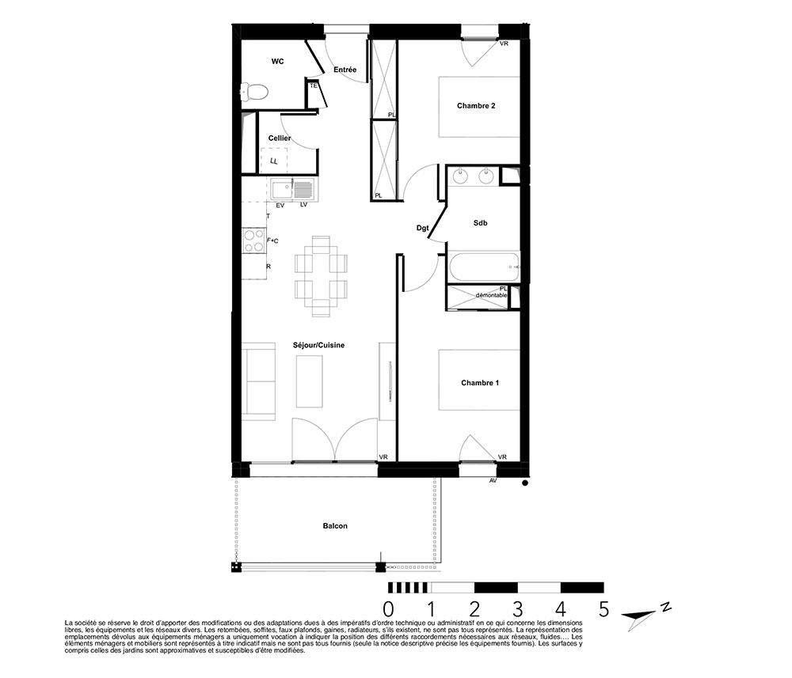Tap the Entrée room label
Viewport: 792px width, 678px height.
click(345, 70)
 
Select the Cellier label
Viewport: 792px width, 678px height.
click(280, 138)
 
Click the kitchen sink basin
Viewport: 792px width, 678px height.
click(282, 190)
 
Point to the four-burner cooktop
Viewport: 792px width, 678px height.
click(254, 241)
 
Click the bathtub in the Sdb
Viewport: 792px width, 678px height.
click(483, 267)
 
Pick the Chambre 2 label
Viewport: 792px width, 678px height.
click(476, 106)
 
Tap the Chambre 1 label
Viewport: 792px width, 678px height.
click(480, 383)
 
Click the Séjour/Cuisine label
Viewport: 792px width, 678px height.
click(318, 346)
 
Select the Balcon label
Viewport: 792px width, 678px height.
click(335, 526)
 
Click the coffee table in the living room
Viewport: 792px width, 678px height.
click(309, 381)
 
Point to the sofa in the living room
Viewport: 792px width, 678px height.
click(258, 381)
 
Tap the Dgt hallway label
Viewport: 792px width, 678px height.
click(422, 228)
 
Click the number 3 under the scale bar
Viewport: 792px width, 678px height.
click(518, 609)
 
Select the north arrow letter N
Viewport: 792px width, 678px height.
click(666, 607)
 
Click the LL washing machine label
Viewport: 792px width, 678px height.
click(274, 161)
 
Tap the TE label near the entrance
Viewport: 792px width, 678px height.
click(314, 85)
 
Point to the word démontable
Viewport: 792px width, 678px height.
click(492, 295)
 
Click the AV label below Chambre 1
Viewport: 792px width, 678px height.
click(493, 481)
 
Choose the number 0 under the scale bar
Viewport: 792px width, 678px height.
click(388, 609)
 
